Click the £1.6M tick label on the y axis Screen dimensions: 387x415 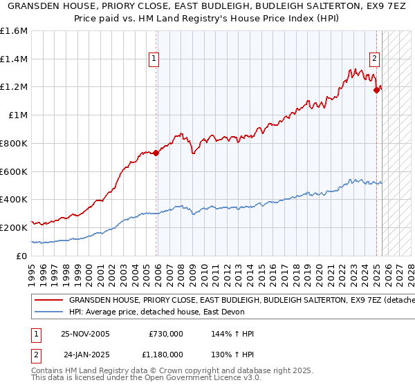coord(14,31)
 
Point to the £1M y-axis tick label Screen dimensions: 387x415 coord(18,115)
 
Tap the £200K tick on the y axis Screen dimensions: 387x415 coord(14,227)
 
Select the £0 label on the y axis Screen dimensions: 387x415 coord(22,256)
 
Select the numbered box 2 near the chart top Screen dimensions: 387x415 coord(374,59)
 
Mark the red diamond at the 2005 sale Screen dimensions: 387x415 coord(156,153)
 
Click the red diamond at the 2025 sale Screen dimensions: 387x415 coord(377,89)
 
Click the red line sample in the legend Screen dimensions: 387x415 coord(48,301)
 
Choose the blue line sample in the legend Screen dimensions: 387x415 coord(48,312)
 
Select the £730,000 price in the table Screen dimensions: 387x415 coord(166,334)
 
